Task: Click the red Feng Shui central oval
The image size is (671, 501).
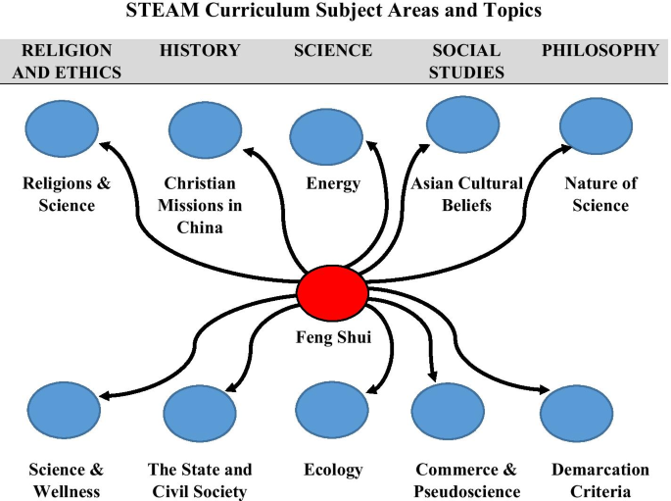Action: point(332,291)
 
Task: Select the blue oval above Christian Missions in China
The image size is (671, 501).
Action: point(205,130)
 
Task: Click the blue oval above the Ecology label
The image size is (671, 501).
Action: point(331,410)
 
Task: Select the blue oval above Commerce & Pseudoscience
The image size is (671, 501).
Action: point(448,415)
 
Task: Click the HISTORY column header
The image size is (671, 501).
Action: point(200,50)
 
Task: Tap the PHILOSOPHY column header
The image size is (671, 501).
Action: point(600,50)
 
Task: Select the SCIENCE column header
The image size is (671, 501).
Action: point(333,50)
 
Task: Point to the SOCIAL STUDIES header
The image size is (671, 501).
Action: point(466,60)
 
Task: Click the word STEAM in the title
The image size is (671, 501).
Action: point(158,14)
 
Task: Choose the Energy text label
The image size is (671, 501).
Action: point(333,183)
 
